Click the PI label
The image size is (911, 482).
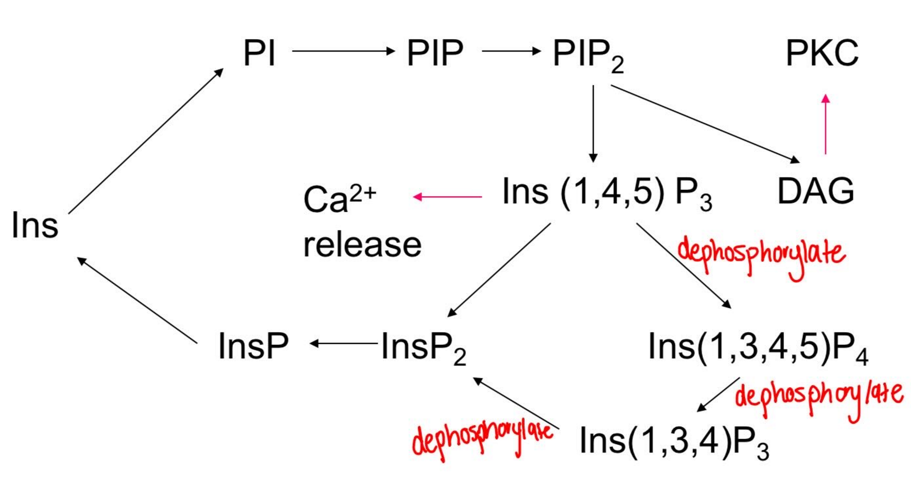(259, 53)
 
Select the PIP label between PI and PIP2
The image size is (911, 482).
(435, 53)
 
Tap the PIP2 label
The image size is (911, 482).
(587, 55)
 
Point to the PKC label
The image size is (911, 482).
(822, 53)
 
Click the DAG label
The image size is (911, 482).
(815, 191)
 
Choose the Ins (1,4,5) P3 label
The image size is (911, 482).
(606, 193)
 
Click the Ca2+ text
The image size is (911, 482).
(339, 198)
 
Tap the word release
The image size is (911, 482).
(362, 245)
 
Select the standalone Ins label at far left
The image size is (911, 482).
(35, 225)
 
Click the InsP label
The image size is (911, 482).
(253, 346)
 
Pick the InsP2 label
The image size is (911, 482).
(423, 348)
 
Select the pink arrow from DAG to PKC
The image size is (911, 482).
(825, 125)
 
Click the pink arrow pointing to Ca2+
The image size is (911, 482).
(448, 197)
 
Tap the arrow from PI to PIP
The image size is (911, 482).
(343, 51)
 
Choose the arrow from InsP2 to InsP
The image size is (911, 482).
(344, 344)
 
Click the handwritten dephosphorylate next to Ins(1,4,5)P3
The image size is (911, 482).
(761, 255)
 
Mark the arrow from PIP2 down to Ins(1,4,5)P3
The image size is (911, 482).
(593, 124)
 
